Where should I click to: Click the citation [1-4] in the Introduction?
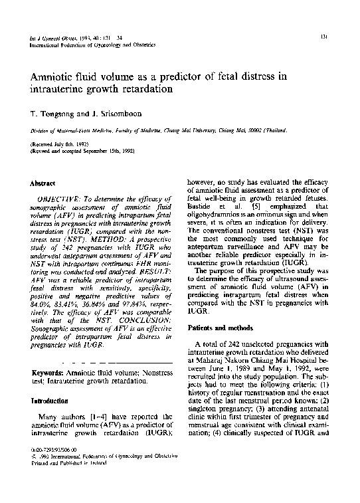(x=93, y=416)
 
